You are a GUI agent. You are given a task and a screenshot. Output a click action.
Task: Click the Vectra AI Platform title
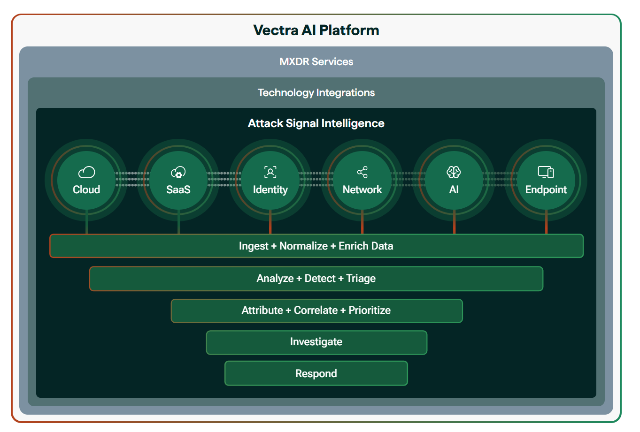point(316,30)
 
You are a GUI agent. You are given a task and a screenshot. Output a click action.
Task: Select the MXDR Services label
point(316,62)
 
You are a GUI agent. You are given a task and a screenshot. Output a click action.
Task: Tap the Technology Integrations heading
point(316,93)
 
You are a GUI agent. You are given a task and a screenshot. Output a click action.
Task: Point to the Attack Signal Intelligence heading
point(316,123)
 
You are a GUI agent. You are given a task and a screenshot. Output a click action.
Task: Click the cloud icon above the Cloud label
point(86,173)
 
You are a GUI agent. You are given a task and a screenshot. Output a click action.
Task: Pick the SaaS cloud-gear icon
point(178,173)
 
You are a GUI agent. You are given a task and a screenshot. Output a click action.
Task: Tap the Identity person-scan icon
point(270,172)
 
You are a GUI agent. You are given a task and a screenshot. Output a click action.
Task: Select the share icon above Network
point(362,172)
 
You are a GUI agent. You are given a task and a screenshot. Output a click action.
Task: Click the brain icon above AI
point(454,172)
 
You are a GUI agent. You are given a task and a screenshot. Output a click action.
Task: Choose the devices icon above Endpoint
point(546,172)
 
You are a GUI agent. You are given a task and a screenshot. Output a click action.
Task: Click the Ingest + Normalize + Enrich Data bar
point(316,246)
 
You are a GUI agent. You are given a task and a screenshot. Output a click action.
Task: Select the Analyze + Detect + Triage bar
point(316,279)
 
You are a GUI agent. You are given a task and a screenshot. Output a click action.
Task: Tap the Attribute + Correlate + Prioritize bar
point(316,311)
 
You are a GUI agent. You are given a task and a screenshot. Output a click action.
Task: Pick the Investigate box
point(316,342)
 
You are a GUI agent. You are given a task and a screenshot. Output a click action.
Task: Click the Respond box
point(316,374)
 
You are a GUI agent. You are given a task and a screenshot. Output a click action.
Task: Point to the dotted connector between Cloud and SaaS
point(132,179)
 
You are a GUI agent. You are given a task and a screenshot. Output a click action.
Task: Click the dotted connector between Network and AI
point(408,179)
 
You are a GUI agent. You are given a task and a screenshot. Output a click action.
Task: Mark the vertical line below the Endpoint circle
point(546,222)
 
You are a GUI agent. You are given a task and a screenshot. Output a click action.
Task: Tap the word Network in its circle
point(362,190)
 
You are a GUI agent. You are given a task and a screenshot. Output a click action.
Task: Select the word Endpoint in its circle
point(546,190)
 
